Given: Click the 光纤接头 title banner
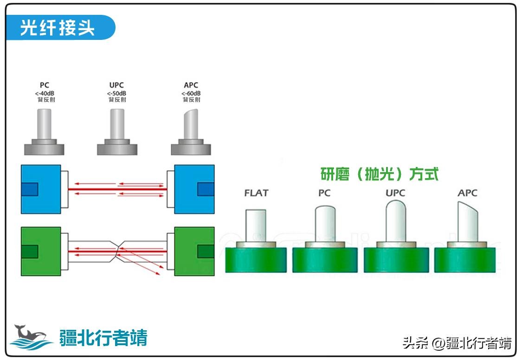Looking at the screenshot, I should [58, 28].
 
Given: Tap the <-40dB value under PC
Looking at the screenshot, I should [45, 93].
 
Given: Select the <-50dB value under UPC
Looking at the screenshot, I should [117, 93].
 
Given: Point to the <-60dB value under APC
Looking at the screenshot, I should [191, 93].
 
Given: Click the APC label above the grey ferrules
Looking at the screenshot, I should [191, 85].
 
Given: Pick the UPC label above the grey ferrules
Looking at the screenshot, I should [117, 85].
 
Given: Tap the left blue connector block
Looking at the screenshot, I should [41, 189].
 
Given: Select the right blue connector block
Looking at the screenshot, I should [194, 189].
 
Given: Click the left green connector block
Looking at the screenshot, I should [41, 251].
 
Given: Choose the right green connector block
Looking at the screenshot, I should [194, 251].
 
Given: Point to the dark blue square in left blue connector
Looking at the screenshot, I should [29, 189].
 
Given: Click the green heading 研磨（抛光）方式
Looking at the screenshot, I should [380, 174].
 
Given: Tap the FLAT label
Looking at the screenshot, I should [256, 193].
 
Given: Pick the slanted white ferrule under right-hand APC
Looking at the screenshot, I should [467, 223].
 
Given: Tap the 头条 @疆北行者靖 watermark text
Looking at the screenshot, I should [457, 343].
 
